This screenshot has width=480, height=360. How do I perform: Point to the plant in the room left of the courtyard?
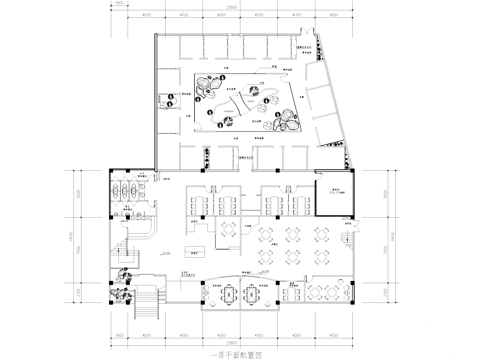(205, 157)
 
